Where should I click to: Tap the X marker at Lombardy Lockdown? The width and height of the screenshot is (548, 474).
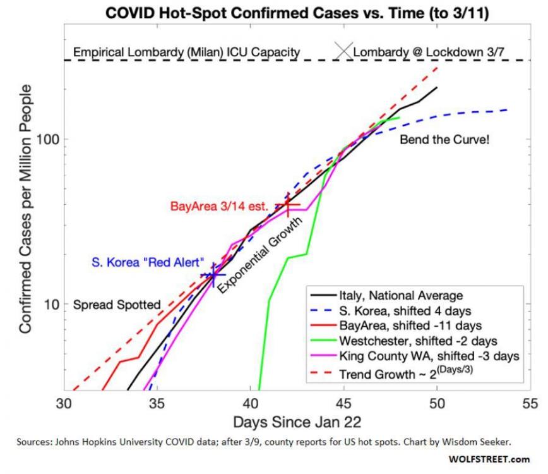pyautogui.click(x=345, y=51)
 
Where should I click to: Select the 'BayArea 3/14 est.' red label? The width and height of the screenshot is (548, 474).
pyautogui.click(x=220, y=206)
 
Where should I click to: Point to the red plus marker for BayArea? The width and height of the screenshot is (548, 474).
pyautogui.click(x=288, y=205)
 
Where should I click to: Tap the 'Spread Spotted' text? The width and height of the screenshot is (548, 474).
pyautogui.click(x=117, y=305)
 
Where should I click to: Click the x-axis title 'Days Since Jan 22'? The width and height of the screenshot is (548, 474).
pyautogui.click(x=297, y=422)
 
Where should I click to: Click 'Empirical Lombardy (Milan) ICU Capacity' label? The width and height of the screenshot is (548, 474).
pyautogui.click(x=187, y=52)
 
